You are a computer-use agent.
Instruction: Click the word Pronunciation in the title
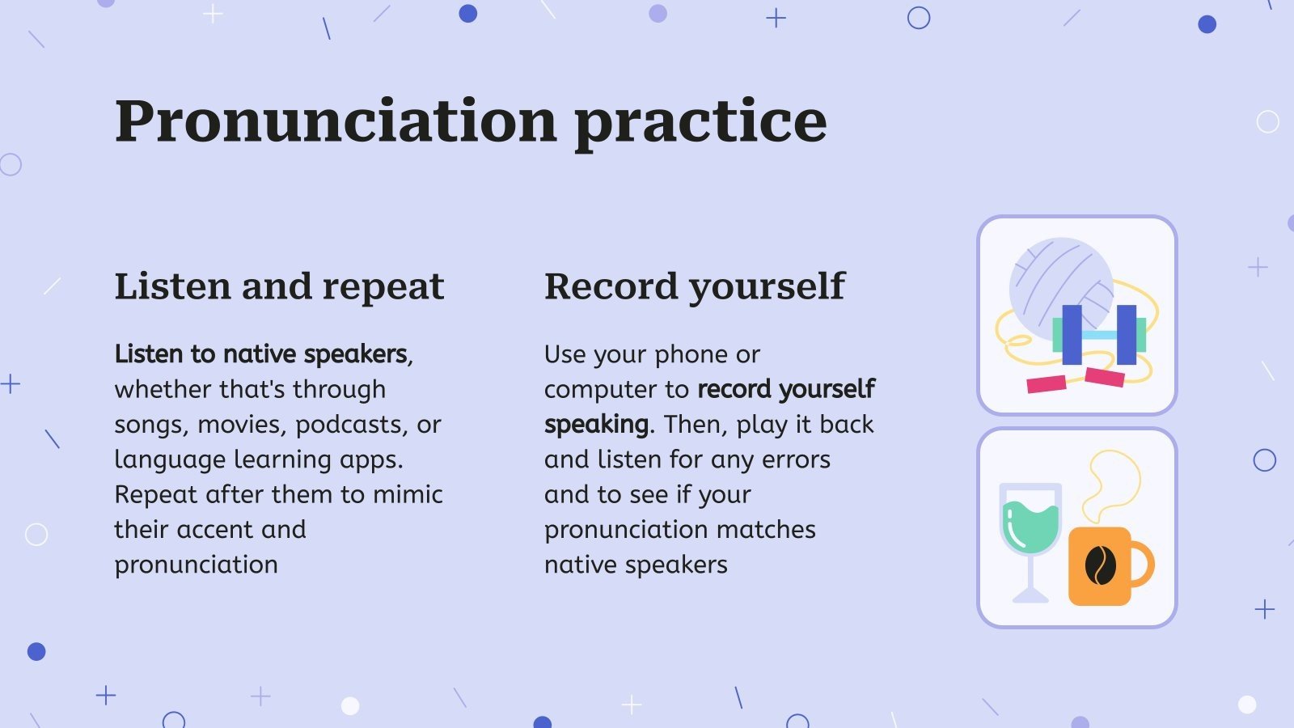tap(336, 121)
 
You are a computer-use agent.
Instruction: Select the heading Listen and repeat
tap(280, 286)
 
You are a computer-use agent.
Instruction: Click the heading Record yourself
tap(695, 286)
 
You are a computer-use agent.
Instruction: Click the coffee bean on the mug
tap(1101, 565)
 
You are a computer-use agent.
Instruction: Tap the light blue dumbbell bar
tap(1099, 335)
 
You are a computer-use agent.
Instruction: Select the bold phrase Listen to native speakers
tap(260, 354)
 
